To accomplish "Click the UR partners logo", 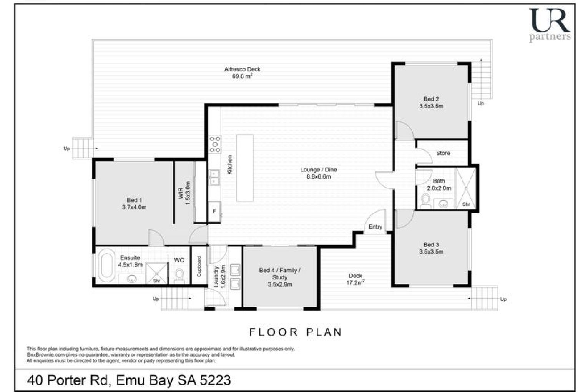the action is (550, 25).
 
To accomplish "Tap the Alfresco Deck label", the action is (242, 69).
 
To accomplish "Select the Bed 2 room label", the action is (431, 99).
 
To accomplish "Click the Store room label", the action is (443, 153).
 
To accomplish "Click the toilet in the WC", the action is (179, 276).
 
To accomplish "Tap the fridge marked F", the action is (214, 211).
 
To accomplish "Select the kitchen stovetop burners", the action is (215, 144).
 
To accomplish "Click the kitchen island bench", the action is (245, 168).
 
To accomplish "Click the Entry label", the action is (375, 227).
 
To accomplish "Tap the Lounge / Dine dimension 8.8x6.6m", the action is (319, 177).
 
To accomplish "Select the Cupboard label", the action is (199, 266).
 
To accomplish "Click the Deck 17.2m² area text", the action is (355, 283).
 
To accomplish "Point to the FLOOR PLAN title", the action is (295, 332).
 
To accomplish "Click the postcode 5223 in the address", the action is (216, 380).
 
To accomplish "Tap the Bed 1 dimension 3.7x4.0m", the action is (134, 207).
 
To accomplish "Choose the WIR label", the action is (181, 193).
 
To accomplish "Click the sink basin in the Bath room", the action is (443, 203).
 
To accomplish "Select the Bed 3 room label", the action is (431, 244).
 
